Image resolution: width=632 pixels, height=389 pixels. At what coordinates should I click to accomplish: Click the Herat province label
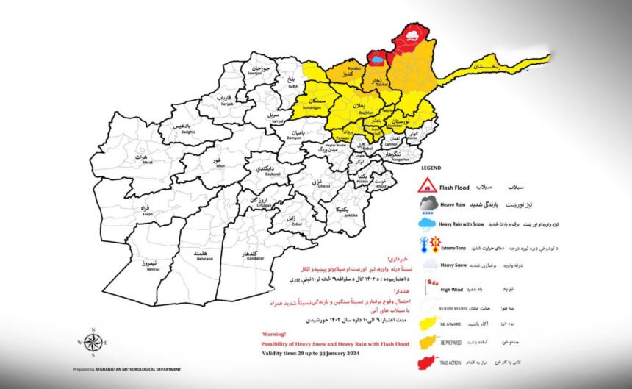(x=137, y=158)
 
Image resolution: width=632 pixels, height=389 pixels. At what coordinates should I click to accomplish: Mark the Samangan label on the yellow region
(x=312, y=104)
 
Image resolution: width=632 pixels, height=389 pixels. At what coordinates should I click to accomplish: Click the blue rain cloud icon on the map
(x=377, y=57)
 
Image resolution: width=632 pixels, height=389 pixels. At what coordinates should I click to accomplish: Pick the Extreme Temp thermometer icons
(x=428, y=245)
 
